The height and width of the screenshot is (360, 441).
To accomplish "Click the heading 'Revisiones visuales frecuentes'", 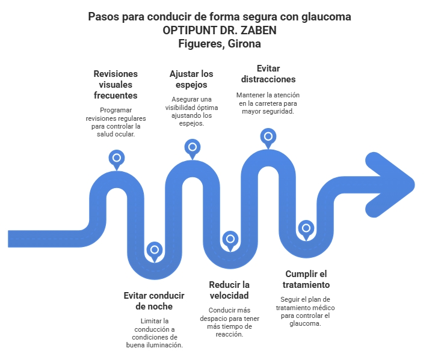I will point(116,84).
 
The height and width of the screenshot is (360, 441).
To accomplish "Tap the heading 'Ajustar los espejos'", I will point(191,79).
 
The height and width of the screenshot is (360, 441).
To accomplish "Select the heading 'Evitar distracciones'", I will point(268,73).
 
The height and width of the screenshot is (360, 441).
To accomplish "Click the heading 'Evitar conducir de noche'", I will point(153,301).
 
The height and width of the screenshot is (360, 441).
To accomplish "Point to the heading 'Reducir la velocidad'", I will point(229,290).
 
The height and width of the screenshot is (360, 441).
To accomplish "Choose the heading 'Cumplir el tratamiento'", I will point(306,279).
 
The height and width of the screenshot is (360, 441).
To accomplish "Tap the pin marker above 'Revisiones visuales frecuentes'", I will point(116,158).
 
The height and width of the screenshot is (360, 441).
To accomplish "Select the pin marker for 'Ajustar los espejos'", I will point(193,147).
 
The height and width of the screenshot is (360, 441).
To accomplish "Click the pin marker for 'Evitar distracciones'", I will point(268,136).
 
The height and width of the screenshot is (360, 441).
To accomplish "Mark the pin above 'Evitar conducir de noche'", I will point(155,249).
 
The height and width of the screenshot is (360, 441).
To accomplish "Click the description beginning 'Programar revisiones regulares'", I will point(116,122).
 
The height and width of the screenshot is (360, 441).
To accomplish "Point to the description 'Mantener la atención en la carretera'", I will point(268,103).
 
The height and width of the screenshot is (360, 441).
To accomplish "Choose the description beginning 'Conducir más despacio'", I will point(229,322).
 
